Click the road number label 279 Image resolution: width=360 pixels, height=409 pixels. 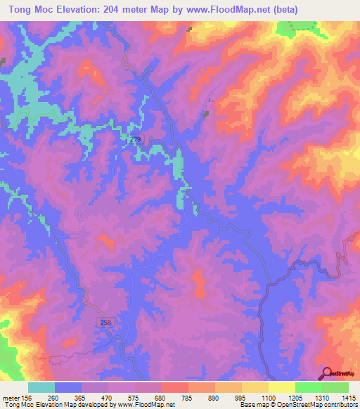(x=135, y=140)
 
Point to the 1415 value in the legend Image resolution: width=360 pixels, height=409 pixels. (x=349, y=397)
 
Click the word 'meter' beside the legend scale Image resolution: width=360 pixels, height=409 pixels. (x=10, y=397)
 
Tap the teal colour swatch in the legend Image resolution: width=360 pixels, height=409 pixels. (x=41, y=387)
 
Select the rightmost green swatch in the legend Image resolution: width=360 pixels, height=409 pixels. (x=335, y=387)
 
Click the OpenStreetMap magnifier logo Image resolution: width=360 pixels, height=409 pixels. (x=328, y=372)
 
